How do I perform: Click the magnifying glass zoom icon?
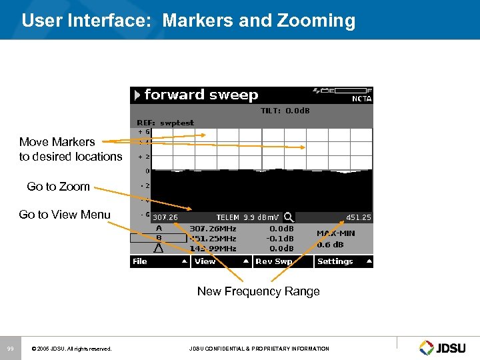(289, 217)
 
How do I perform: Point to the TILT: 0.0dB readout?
(285, 111)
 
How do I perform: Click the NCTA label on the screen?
(361, 99)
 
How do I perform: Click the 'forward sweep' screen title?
(201, 95)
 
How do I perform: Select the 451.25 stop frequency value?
(358, 217)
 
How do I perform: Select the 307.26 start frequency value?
(165, 217)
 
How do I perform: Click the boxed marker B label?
(158, 238)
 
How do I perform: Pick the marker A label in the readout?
(158, 228)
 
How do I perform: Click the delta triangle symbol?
(158, 249)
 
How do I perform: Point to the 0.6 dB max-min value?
(331, 243)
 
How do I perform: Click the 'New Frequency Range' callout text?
(258, 291)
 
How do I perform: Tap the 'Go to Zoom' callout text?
(58, 187)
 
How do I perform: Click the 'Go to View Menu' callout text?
(65, 214)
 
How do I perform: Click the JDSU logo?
(445, 347)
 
